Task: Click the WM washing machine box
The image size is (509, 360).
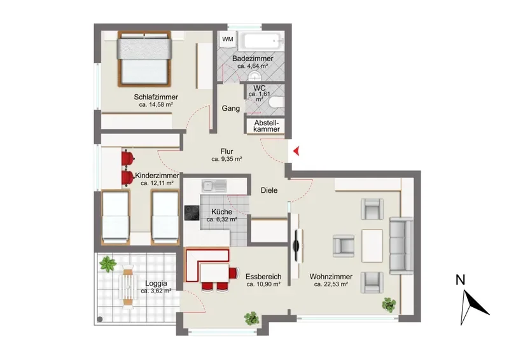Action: click(x=228, y=39)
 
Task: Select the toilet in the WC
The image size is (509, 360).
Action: click(x=277, y=102)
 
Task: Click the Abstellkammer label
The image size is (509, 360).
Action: click(x=267, y=126)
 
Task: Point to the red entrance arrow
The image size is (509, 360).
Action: click(x=296, y=151)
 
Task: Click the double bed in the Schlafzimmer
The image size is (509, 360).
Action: click(x=144, y=59)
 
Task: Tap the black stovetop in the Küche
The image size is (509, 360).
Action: click(x=192, y=213)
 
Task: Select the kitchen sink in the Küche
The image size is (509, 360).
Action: click(x=214, y=186)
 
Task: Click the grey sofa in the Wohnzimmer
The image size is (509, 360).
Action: click(x=401, y=246)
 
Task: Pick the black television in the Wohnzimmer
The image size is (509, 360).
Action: click(x=297, y=245)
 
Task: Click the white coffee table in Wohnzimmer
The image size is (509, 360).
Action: click(x=372, y=246)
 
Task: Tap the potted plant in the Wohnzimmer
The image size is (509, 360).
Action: click(x=389, y=305)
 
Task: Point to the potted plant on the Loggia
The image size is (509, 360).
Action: click(x=108, y=263)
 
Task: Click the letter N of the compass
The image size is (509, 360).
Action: click(x=460, y=280)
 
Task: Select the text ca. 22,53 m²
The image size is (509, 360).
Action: click(x=331, y=284)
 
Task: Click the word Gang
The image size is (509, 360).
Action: click(x=231, y=108)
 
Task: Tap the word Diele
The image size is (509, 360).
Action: click(x=269, y=190)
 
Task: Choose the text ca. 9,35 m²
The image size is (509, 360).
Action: click(x=227, y=159)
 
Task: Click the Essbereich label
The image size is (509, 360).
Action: click(x=263, y=277)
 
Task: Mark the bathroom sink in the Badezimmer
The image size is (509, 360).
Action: click(x=255, y=76)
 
